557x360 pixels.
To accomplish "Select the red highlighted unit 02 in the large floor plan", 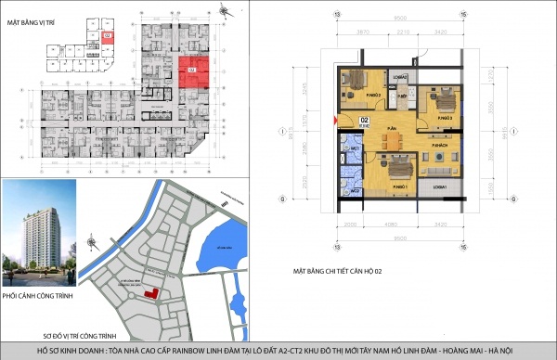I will (191, 71).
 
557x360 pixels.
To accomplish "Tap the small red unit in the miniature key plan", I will (109, 35).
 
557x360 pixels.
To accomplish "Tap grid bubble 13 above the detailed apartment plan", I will (338, 15).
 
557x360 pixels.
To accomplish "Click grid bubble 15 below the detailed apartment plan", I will (462, 250).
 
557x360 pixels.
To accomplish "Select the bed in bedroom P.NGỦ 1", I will (393, 169).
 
